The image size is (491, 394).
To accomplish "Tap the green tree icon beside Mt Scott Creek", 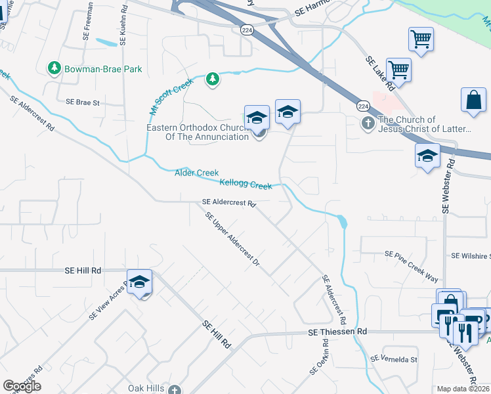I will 212,79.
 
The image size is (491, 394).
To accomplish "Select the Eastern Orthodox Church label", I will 197,132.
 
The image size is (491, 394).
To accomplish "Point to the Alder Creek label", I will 196,173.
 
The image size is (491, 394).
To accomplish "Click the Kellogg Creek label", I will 245,185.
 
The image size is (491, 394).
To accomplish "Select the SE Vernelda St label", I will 394,359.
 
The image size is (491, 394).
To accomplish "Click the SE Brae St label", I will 82,102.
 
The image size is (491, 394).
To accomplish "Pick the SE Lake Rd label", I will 381,73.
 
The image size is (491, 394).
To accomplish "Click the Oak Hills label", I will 146,388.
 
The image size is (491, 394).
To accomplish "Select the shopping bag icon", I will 473,100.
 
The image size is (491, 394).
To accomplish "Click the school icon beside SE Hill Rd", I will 139,282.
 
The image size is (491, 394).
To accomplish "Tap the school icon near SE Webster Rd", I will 428,156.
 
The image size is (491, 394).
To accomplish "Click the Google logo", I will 22,386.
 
